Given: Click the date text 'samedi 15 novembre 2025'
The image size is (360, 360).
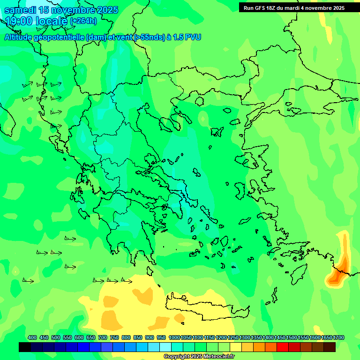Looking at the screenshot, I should point(61,10).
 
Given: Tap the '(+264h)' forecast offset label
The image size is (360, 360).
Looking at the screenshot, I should point(83,21).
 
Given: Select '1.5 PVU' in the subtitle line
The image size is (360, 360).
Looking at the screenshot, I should point(187,37).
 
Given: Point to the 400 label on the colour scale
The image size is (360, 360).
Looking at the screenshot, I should point(32,337).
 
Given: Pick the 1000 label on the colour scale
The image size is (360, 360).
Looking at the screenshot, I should point(174,337).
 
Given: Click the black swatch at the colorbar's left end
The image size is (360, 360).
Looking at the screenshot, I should point(25,347).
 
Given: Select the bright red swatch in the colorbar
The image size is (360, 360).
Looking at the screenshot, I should point(283,347).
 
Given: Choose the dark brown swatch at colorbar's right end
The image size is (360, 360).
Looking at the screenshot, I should point(330,347).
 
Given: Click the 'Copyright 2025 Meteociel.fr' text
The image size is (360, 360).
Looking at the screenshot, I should point(199,357).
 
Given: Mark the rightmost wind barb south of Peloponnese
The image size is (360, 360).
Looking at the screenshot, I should point(126,281).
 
